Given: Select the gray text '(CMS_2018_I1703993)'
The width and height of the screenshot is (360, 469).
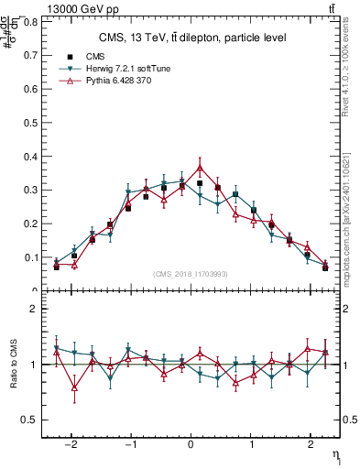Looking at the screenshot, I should (191, 274).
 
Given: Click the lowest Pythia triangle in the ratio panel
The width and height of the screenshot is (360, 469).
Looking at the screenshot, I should (75, 387).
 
